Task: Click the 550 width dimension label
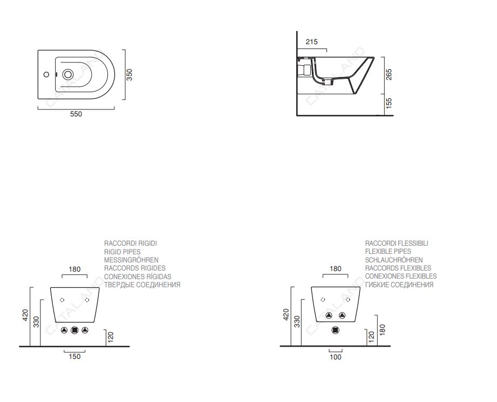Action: (x=76, y=114)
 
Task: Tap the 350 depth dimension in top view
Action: (x=130, y=75)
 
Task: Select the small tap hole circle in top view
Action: (x=46, y=74)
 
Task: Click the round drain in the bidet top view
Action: (x=67, y=75)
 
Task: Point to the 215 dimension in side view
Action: (x=311, y=42)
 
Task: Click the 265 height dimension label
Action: (x=389, y=75)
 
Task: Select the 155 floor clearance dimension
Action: (x=389, y=103)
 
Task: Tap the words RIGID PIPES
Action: (x=122, y=252)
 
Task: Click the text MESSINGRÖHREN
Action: (x=131, y=260)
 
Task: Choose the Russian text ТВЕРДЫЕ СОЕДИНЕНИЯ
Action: (x=142, y=285)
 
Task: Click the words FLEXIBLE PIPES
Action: (x=388, y=252)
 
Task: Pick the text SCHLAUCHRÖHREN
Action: (x=394, y=260)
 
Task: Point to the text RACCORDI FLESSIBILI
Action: (x=397, y=244)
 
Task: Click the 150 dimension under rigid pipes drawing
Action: (x=75, y=356)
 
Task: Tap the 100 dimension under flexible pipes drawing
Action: (x=336, y=357)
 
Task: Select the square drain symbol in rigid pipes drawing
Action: (x=74, y=330)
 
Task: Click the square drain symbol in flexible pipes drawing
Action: (x=335, y=330)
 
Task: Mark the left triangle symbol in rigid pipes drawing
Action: (x=64, y=330)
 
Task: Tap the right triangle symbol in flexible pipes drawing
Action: (x=342, y=316)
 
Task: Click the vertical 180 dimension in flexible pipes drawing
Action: (x=382, y=330)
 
